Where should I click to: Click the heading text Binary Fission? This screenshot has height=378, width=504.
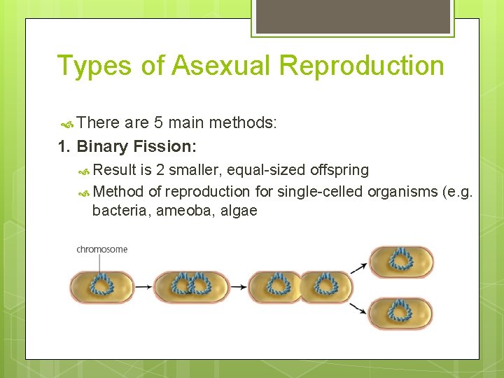[x=136, y=146]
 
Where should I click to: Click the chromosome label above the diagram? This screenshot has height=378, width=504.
[x=102, y=249]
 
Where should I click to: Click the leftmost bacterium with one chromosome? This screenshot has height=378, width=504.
[x=101, y=286]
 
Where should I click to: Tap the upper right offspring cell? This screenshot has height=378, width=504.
[x=401, y=262]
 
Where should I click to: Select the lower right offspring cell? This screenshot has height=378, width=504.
[x=400, y=313]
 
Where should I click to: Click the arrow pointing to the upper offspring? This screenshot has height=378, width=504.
[x=358, y=267]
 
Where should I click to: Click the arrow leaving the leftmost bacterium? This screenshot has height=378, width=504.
[x=143, y=286]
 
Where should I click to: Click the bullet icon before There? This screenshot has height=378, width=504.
[x=66, y=125]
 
